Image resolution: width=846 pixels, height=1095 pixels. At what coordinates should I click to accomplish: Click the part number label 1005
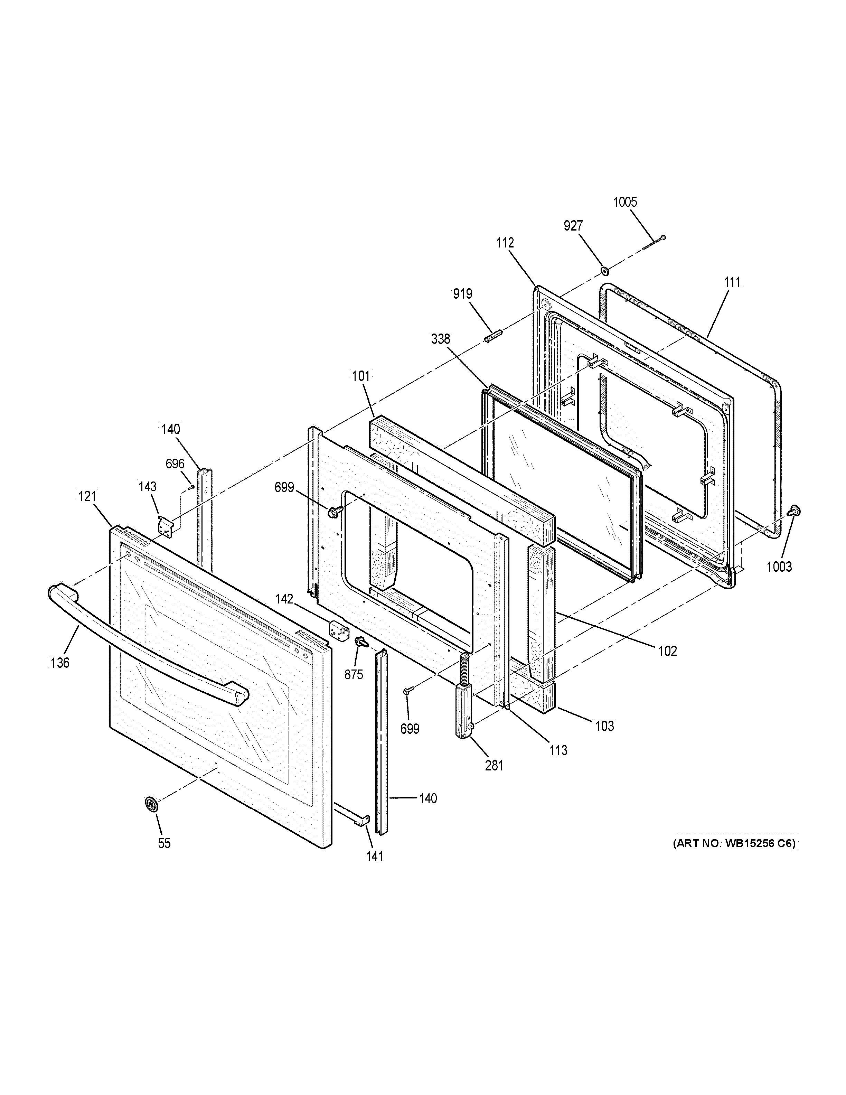point(625,202)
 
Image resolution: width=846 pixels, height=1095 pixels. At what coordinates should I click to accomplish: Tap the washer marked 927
point(605,271)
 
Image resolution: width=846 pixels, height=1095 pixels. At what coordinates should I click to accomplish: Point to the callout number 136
point(60,663)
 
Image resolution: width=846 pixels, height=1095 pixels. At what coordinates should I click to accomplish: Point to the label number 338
point(441,339)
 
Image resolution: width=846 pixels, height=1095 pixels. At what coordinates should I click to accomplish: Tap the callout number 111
point(732,282)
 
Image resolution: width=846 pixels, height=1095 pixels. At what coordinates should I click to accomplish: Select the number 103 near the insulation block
point(604,726)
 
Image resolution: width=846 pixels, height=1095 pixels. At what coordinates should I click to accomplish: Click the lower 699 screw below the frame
point(406,692)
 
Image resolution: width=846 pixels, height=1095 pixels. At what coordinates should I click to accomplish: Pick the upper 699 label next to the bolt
point(284,487)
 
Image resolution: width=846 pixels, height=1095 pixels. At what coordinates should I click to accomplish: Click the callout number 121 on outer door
point(87,497)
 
